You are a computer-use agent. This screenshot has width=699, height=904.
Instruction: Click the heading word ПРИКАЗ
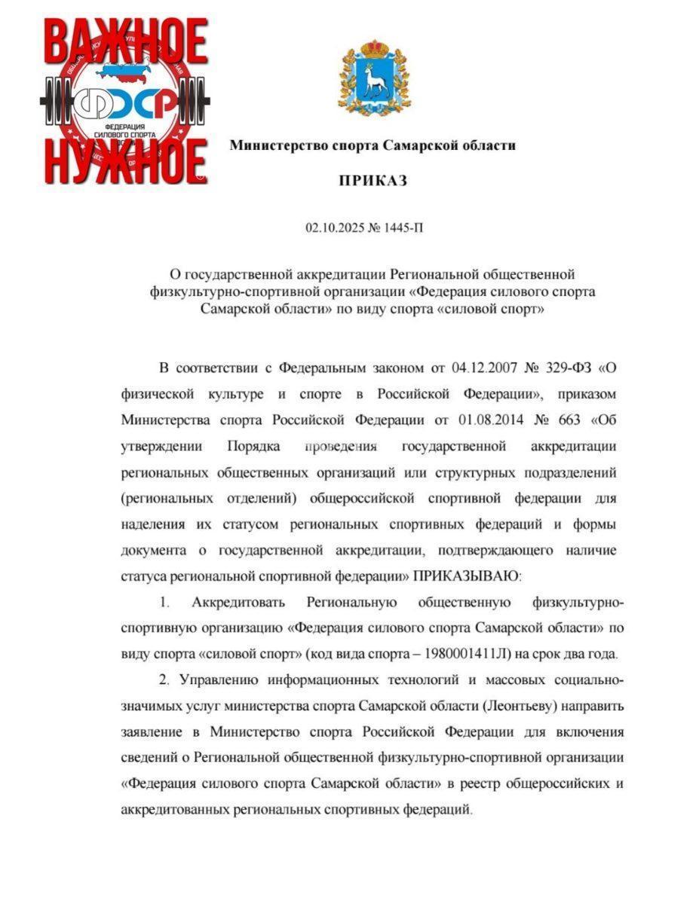(x=372, y=181)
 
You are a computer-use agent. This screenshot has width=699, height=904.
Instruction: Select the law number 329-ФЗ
(x=563, y=368)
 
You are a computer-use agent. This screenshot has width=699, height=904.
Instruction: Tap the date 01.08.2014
(x=491, y=420)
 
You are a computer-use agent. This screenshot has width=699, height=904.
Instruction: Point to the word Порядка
(x=253, y=446)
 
